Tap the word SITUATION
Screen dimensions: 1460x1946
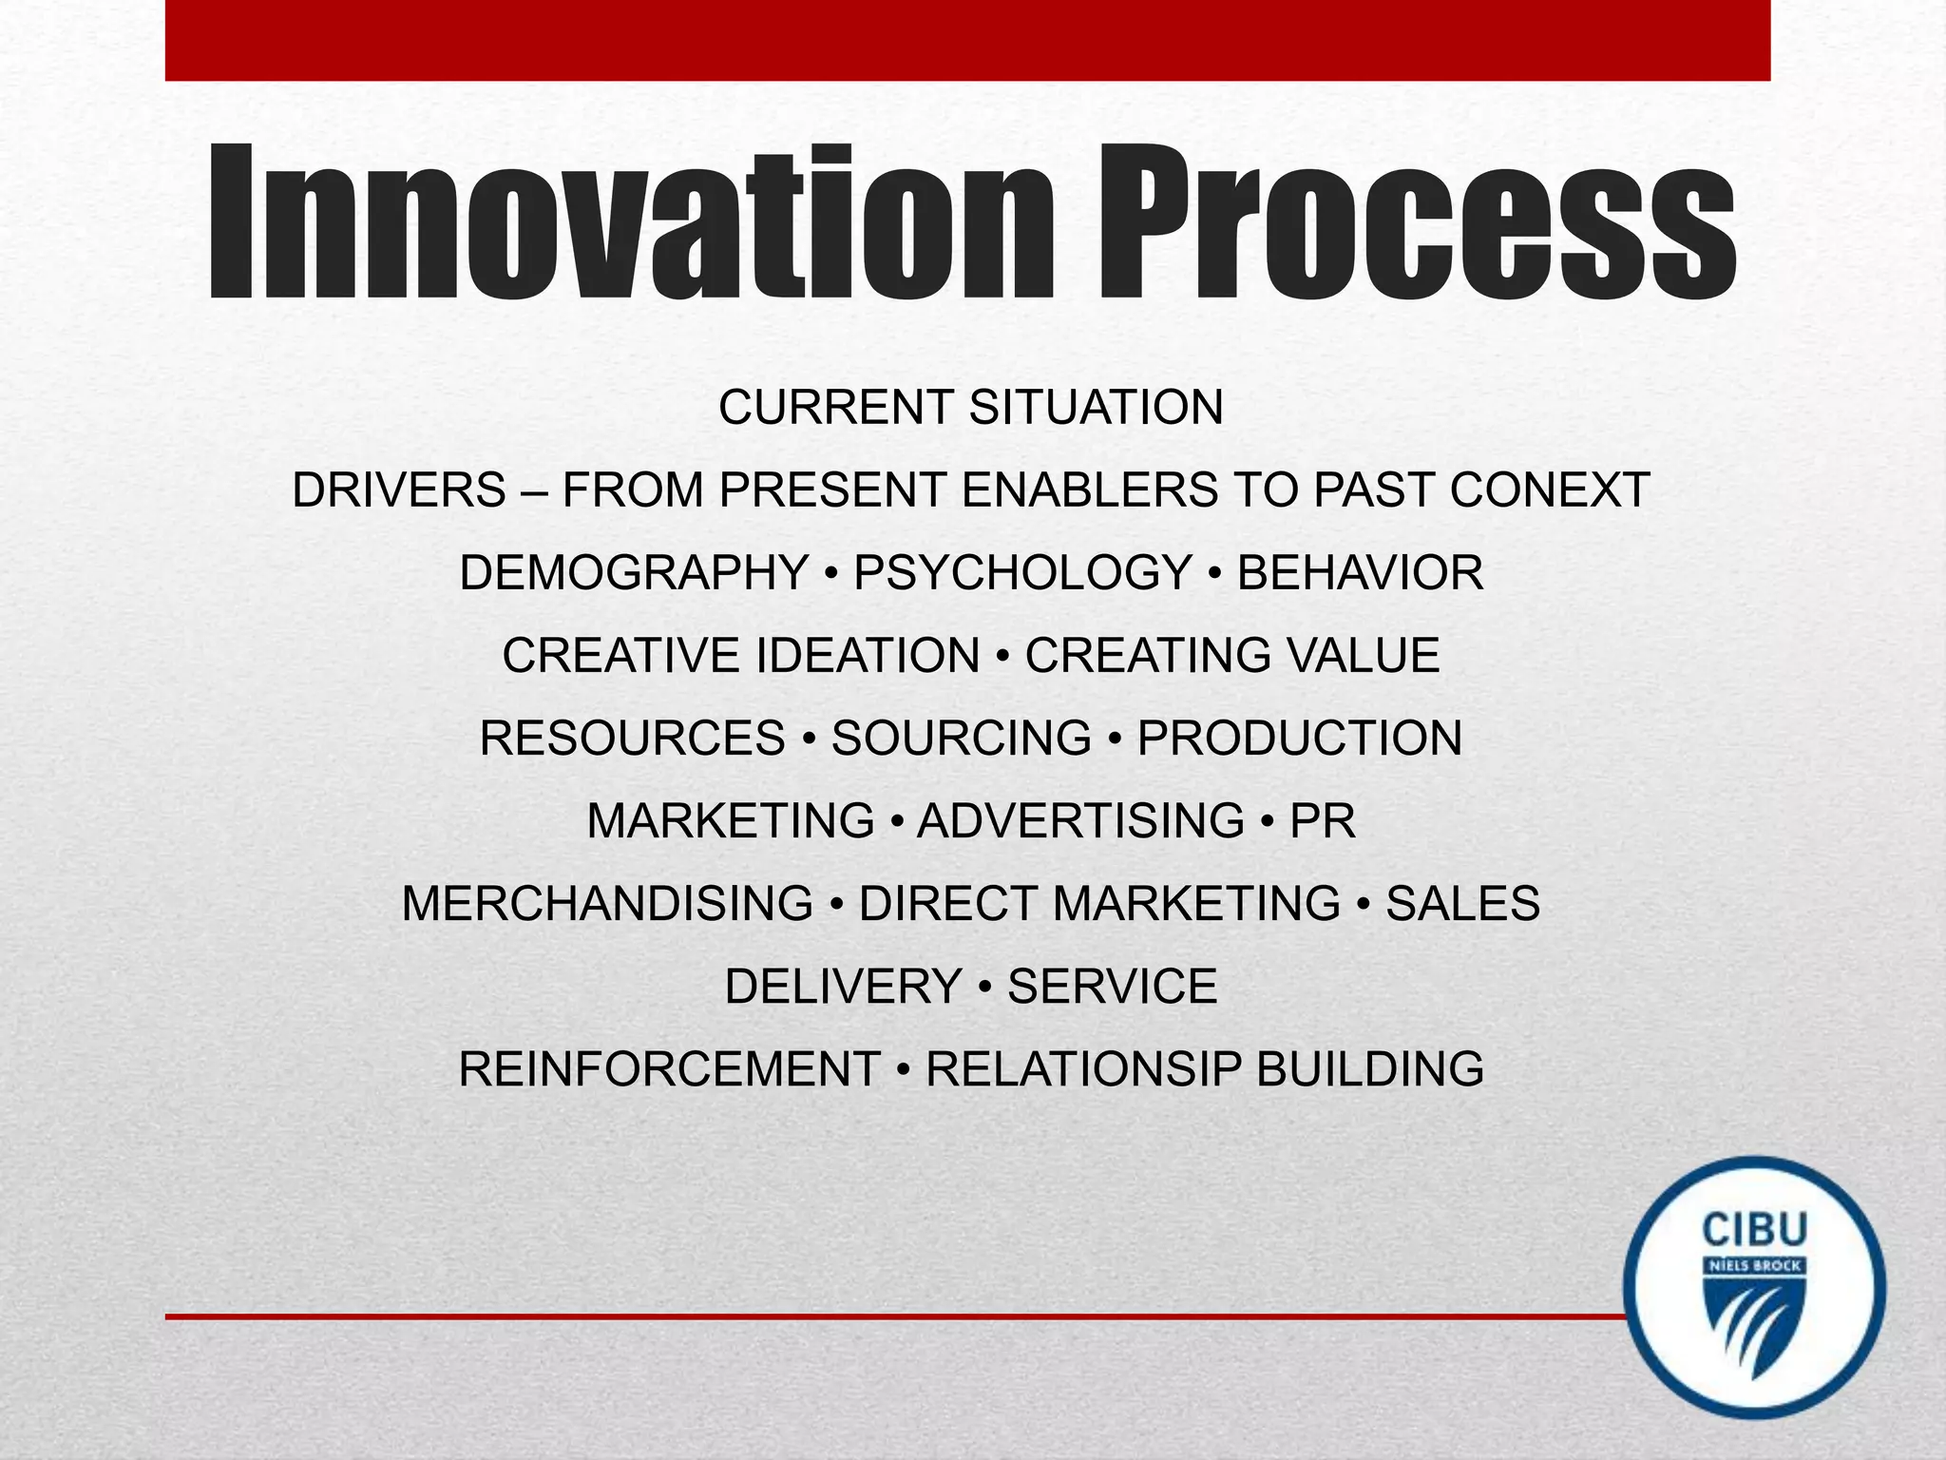1096,408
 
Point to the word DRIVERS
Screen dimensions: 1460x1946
399,490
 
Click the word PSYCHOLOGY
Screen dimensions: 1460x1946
1022,573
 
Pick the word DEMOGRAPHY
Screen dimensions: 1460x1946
634,573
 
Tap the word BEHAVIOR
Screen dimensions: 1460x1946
1360,573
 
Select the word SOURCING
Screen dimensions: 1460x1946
962,739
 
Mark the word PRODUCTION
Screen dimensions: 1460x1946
1300,739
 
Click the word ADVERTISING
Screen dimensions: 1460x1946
1080,821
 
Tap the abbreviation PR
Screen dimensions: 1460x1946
1322,821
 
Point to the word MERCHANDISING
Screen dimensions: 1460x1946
607,904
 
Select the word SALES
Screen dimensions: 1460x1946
1462,904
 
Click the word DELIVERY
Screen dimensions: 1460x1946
843,987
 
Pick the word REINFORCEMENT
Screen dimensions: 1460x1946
669,1069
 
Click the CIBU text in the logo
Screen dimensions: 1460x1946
1754,1230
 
